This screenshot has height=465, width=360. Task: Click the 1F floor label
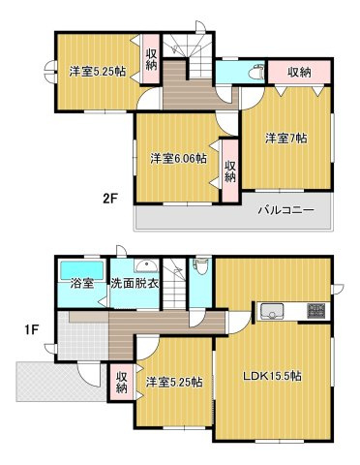[x=31, y=328]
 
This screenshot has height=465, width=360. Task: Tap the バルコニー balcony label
[x=285, y=210]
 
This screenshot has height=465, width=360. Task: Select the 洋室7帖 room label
[x=286, y=139]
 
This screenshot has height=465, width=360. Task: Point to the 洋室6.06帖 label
[x=177, y=158]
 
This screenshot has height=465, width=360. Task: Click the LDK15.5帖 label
[x=271, y=375]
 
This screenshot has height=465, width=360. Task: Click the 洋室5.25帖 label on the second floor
[x=96, y=70]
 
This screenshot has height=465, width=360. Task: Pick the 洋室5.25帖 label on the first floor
[x=174, y=383]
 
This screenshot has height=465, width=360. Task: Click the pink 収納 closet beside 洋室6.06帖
[x=230, y=170]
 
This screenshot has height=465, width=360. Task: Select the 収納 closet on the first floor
[x=122, y=382]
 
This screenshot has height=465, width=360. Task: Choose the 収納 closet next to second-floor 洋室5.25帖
[x=152, y=59]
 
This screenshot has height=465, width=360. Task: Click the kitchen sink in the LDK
[x=270, y=312]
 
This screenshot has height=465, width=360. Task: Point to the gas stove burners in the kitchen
[x=316, y=312]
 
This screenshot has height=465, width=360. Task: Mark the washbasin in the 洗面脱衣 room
[x=143, y=264]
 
